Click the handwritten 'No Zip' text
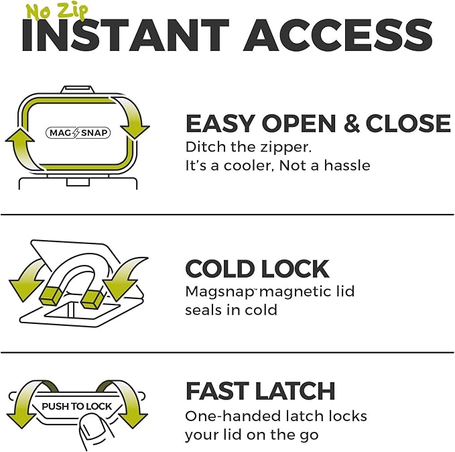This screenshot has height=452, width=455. pos(56,11)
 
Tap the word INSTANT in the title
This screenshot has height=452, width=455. pos(125,35)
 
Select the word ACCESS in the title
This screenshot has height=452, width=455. pos(338,35)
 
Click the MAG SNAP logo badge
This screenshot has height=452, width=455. pos(78,133)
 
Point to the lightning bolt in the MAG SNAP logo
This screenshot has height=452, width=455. pos(76,133)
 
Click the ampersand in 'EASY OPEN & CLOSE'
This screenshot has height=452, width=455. pos(351,123)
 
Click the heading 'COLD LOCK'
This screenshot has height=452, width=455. pos(257,269)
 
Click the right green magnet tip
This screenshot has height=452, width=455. pos(92,299)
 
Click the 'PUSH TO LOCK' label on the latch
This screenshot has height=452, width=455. pos(76,406)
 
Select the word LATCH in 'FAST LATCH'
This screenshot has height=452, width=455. pos(296,391)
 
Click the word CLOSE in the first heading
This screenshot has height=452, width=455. pos(408,123)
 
